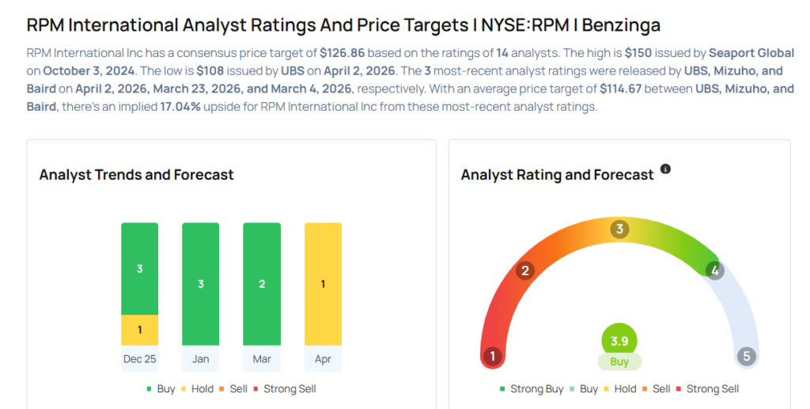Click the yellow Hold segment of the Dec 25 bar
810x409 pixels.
(139, 330)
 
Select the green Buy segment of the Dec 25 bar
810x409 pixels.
(139, 268)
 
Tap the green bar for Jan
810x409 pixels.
(200, 284)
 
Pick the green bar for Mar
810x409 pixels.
(262, 284)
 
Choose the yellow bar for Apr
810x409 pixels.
(323, 284)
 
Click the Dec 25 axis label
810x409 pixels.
(139, 359)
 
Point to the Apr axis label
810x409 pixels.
(323, 359)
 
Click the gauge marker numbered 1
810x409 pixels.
(493, 356)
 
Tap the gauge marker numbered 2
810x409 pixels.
(524, 271)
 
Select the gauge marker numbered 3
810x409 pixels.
(619, 229)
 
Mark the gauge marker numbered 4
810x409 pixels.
(714, 271)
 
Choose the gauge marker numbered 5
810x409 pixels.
(745, 356)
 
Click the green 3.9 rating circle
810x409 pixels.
(619, 342)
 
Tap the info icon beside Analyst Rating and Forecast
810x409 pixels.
(665, 169)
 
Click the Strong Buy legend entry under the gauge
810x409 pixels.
(532, 389)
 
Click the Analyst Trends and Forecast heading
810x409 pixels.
(137, 175)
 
